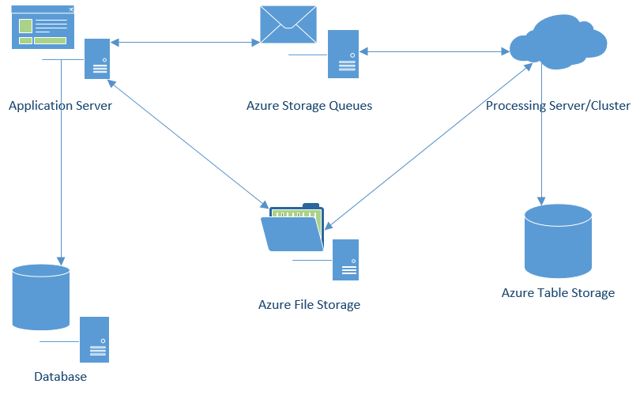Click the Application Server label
[60, 106]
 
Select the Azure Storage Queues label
[309, 106]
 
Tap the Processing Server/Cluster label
[558, 106]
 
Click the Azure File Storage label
[309, 304]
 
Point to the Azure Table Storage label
[558, 293]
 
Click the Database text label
[60, 376]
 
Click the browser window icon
[43, 27]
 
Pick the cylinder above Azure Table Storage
[558, 240]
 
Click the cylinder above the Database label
[41, 297]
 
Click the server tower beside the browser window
[98, 58]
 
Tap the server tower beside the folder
[345, 259]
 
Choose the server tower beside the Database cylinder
[95, 340]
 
